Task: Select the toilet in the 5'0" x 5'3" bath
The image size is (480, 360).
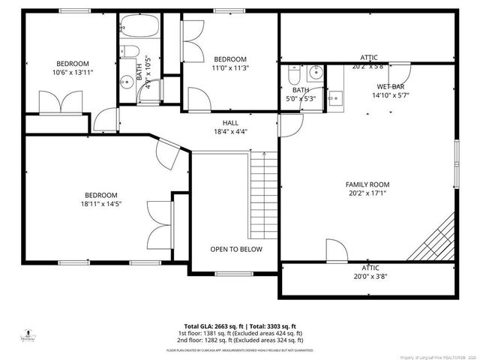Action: [292, 77]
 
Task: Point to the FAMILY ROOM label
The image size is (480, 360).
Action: [367, 184]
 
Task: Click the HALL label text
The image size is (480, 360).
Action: [230, 122]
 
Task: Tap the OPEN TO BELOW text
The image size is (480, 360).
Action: [235, 250]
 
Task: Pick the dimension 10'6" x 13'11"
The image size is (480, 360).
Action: [73, 73]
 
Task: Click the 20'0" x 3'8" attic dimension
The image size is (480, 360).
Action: [370, 275]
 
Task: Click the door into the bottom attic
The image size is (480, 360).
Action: [334, 251]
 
